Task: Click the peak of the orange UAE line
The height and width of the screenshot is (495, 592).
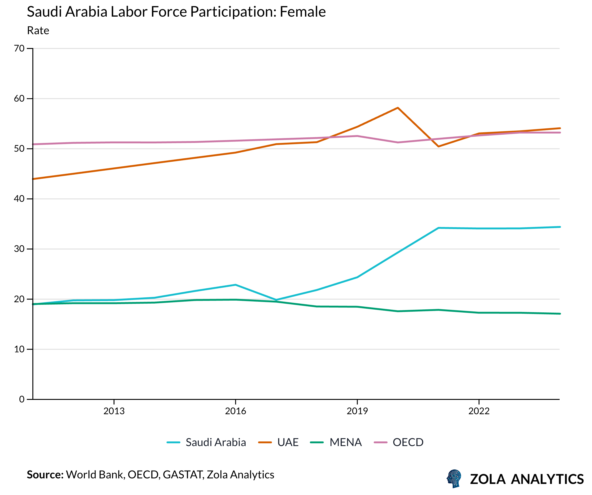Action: click(398, 108)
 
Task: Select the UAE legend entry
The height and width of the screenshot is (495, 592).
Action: click(287, 442)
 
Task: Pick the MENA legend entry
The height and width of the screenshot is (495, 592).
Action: click(345, 442)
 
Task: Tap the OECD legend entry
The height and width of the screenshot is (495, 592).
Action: click(408, 442)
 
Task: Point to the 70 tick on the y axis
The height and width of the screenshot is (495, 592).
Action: click(19, 48)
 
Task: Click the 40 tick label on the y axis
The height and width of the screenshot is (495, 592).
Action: click(19, 199)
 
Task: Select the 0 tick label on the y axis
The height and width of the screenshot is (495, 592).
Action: click(22, 399)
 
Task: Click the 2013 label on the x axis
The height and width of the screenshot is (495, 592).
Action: click(114, 411)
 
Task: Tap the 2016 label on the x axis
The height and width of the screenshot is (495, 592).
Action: click(235, 411)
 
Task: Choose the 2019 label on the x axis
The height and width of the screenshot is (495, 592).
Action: click(357, 411)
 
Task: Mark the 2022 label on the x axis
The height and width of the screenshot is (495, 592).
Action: click(479, 411)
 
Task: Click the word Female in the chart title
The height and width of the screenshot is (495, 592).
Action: click(302, 12)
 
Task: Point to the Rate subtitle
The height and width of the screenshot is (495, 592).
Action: click(38, 30)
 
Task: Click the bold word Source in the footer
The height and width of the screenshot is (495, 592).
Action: click(45, 475)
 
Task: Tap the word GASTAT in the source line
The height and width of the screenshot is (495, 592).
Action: click(183, 475)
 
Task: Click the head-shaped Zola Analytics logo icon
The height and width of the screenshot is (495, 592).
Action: click(454, 479)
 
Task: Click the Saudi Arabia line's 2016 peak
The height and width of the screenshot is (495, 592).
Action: click(235, 285)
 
